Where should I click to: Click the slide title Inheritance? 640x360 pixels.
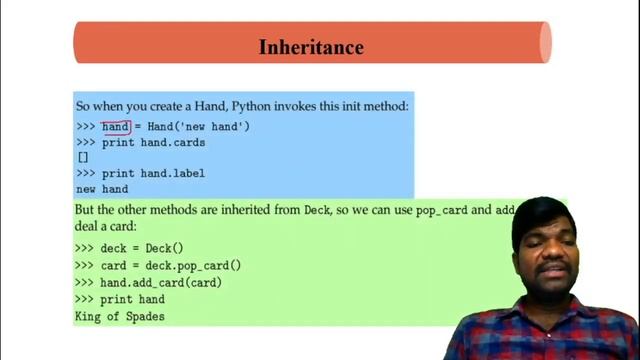point(311,47)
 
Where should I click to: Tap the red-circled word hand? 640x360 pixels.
point(116,127)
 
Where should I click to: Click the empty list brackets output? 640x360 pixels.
point(83,158)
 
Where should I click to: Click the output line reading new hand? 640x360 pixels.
point(102,189)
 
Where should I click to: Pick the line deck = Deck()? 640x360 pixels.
point(129,248)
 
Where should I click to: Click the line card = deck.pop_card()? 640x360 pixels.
point(158,266)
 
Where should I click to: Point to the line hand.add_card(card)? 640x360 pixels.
point(147,283)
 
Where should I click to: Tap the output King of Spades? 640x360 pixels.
point(120,317)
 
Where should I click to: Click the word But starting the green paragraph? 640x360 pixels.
point(87,212)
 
